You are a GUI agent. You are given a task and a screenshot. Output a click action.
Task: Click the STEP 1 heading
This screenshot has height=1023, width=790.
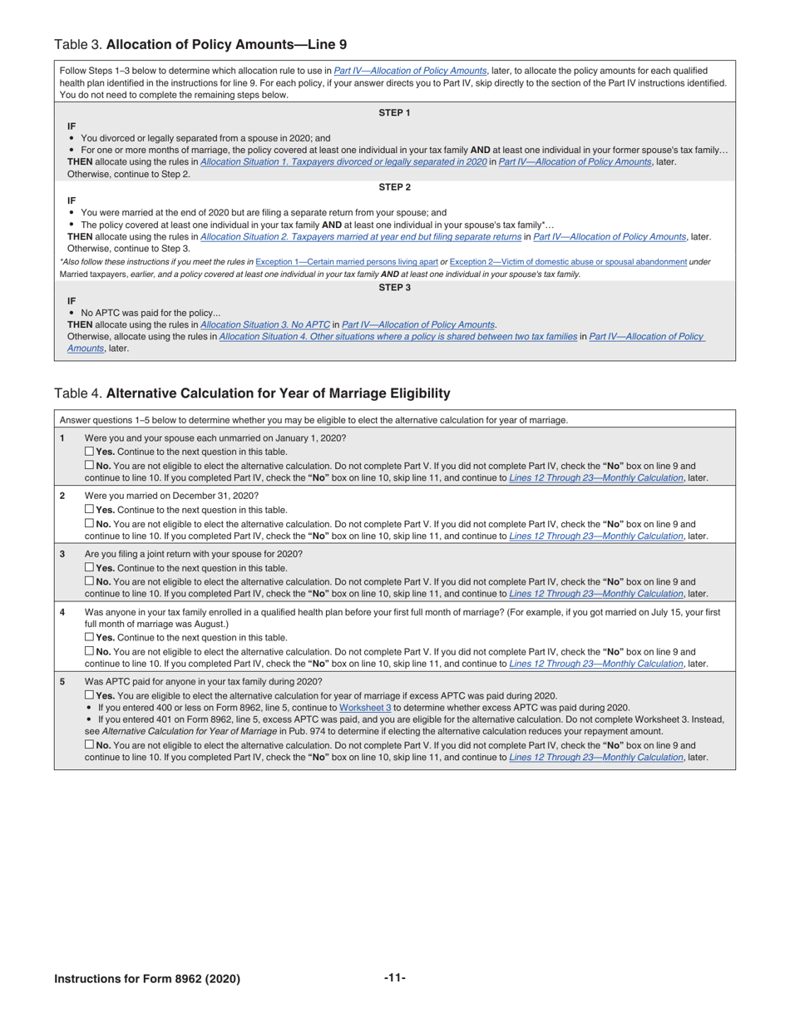[x=394, y=112]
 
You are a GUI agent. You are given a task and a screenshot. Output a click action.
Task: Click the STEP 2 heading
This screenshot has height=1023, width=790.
[x=394, y=187]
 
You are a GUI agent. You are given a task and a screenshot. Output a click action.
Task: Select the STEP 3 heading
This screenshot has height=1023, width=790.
[x=394, y=288]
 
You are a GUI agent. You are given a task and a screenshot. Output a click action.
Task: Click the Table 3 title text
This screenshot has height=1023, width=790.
[x=200, y=44]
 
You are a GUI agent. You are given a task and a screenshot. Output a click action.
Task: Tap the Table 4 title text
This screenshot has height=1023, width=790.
[x=252, y=393]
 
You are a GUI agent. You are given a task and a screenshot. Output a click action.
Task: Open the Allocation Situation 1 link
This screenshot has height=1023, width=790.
[x=343, y=161]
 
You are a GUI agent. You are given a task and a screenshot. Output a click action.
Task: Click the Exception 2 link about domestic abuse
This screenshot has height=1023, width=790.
[x=568, y=262]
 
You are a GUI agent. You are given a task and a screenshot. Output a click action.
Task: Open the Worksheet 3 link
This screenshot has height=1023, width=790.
[x=365, y=707]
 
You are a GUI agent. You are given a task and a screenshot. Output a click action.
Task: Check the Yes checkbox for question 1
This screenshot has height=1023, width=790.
[x=90, y=452]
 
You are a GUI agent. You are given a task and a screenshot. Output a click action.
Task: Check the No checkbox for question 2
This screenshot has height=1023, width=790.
[x=90, y=524]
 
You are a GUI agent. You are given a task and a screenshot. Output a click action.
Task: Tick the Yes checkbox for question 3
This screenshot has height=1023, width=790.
[x=90, y=568]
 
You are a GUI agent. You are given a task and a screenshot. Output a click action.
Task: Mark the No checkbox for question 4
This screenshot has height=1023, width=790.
[x=90, y=652]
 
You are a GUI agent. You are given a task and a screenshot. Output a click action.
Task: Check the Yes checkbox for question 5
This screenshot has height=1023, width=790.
[x=90, y=695]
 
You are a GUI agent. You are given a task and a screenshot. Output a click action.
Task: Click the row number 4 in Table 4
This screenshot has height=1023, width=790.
[x=62, y=612]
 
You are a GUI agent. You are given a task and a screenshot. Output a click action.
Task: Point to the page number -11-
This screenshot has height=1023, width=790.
[x=394, y=978]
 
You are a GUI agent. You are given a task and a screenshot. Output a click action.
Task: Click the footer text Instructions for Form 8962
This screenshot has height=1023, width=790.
[x=147, y=979]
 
